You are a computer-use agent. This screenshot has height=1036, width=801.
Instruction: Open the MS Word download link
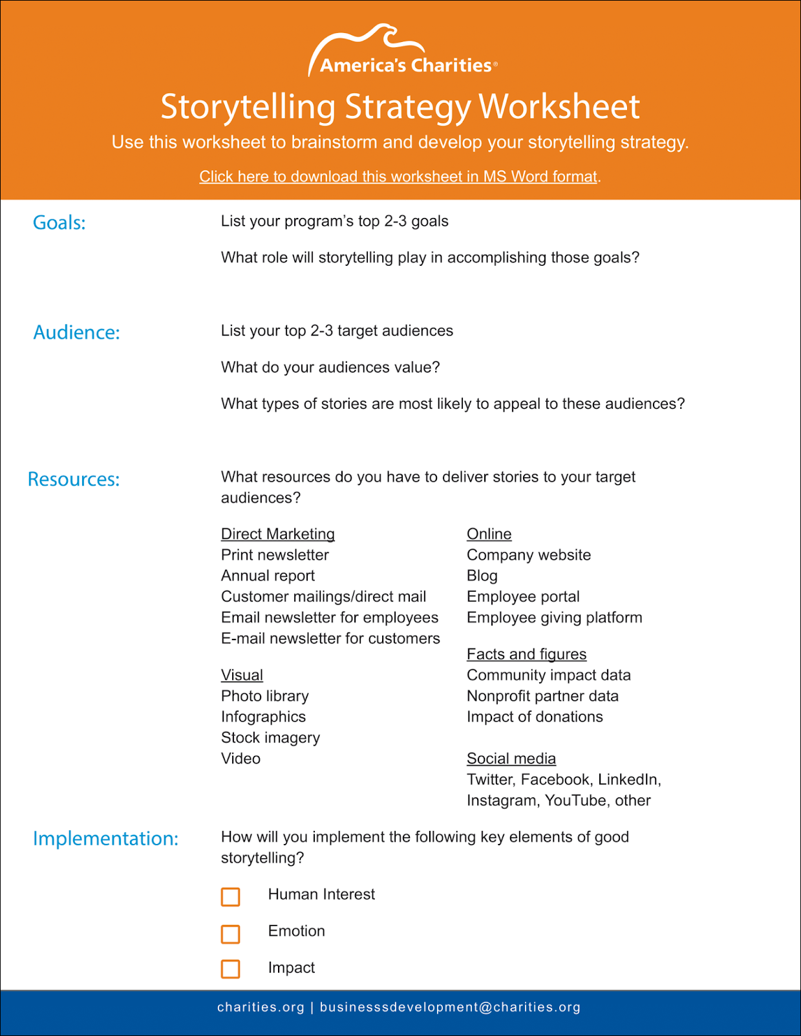(398, 177)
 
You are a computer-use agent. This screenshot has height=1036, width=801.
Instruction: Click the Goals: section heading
(59, 222)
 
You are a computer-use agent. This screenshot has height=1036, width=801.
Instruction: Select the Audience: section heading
(76, 332)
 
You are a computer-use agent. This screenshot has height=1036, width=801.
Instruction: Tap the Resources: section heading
(74, 479)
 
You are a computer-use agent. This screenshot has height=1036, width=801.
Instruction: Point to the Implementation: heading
(105, 839)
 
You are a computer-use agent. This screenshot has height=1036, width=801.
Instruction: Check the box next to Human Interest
(231, 897)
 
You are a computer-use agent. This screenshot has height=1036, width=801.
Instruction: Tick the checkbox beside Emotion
(231, 934)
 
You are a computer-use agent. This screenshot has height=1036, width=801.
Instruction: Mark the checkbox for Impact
(231, 969)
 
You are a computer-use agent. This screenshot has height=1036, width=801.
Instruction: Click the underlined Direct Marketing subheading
(278, 534)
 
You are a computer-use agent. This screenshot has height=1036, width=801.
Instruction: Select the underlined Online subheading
(489, 534)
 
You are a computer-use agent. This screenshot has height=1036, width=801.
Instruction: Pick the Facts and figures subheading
(526, 654)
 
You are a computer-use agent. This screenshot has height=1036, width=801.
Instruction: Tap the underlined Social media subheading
(511, 759)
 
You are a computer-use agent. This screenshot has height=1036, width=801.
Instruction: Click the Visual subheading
(242, 675)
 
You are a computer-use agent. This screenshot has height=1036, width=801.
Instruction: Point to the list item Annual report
(268, 576)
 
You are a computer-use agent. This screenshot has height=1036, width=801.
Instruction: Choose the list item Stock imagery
(270, 738)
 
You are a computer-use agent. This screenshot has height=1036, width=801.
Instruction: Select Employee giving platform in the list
(554, 618)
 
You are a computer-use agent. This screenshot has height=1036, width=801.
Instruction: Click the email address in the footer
(450, 1007)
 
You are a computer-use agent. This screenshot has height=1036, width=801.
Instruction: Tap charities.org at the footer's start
(261, 1007)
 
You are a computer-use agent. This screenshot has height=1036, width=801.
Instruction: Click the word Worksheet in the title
(559, 107)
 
